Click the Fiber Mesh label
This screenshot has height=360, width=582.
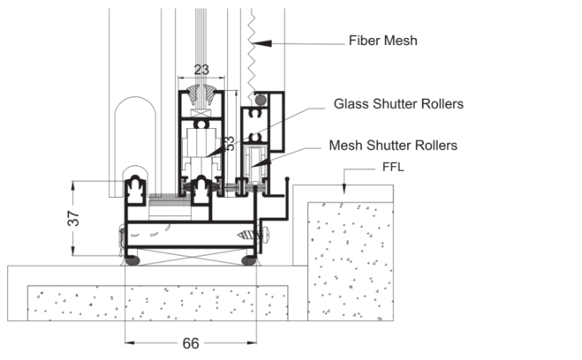click(383, 40)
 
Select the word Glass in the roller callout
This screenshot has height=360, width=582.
click(349, 104)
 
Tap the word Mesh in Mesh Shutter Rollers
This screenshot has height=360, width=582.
click(343, 146)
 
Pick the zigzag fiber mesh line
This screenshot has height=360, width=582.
click(251, 47)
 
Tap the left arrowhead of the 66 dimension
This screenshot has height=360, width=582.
click(128, 343)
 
